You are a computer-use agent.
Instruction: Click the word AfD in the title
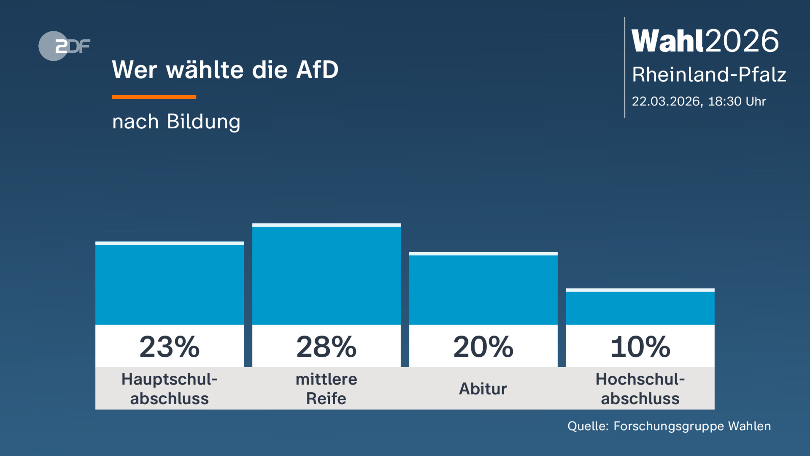click(x=317, y=70)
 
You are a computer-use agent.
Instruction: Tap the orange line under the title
click(x=154, y=97)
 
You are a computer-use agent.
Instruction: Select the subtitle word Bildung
click(x=204, y=122)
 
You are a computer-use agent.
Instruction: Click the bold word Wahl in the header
click(x=668, y=41)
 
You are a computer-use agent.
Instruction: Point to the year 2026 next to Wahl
click(x=742, y=41)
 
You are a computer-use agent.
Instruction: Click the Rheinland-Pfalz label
click(x=709, y=75)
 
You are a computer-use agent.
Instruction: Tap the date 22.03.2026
click(x=667, y=101)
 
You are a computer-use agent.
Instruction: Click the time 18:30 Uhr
click(x=737, y=101)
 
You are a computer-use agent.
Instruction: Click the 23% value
click(x=169, y=347)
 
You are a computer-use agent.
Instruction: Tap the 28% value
click(x=326, y=347)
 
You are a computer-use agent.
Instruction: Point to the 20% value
click(x=483, y=347)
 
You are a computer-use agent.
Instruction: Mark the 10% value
click(x=640, y=347)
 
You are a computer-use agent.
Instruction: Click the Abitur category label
click(x=483, y=389)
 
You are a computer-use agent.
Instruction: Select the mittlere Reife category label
click(x=326, y=389)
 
